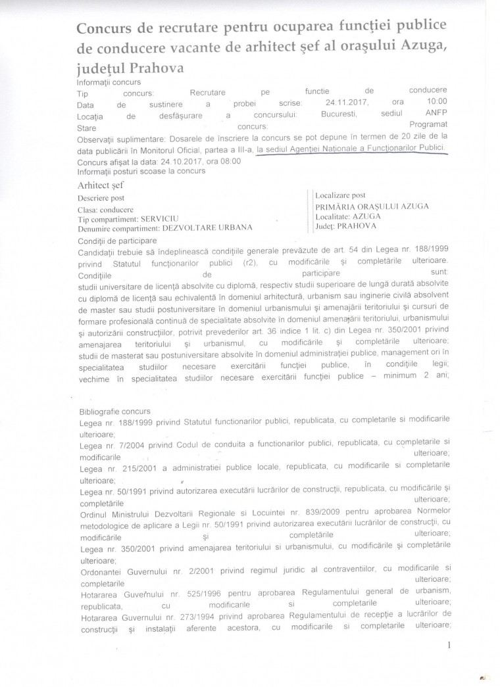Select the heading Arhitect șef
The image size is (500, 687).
(x=101, y=186)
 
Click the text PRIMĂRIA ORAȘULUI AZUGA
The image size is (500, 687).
(x=372, y=206)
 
